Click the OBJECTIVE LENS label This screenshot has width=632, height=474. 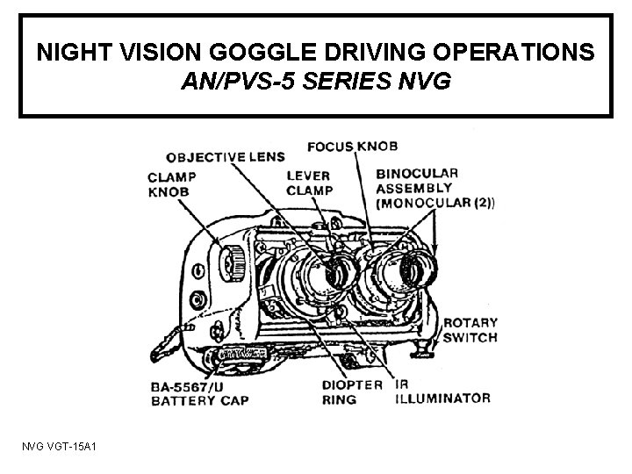click(226, 157)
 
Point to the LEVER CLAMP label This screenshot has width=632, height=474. click(310, 183)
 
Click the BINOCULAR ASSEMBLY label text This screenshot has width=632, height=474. click(414, 179)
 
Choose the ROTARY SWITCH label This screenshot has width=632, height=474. click(470, 329)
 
